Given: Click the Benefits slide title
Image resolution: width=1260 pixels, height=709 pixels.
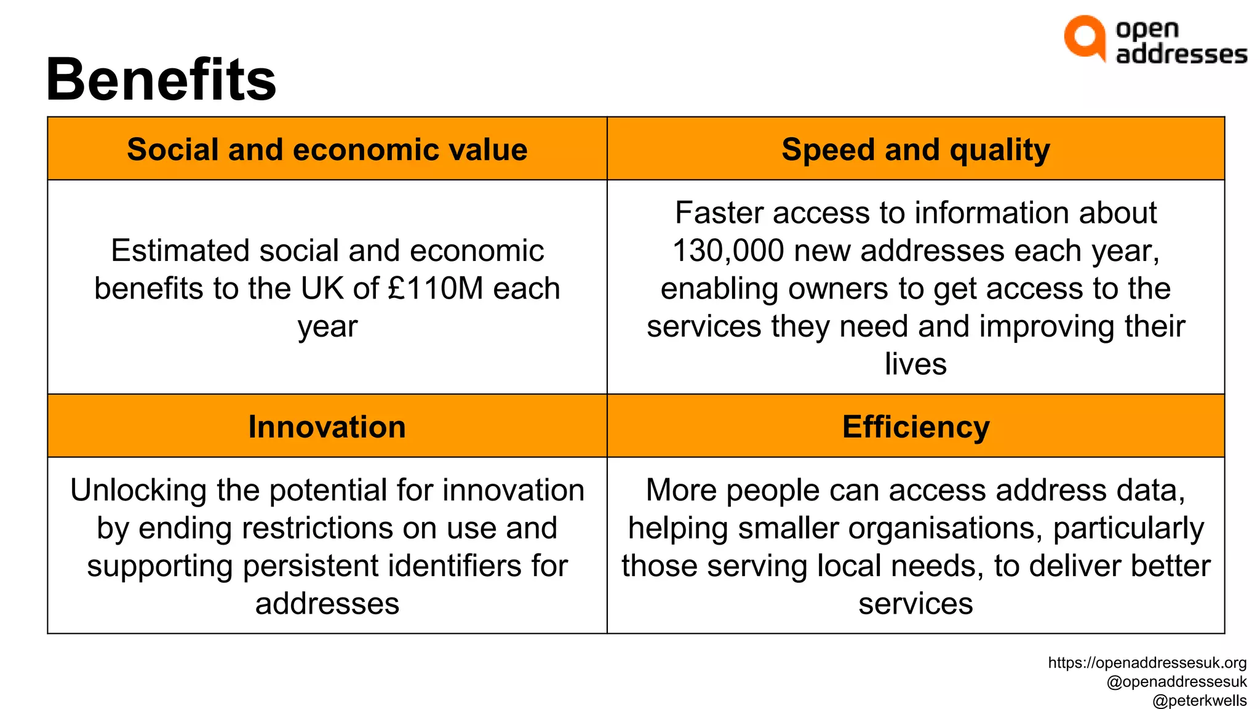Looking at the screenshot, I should coord(161,80).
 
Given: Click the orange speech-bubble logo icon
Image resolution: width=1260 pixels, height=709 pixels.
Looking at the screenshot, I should coord(1084,38).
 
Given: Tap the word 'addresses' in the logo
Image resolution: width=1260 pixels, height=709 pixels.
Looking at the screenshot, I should coord(1181,54).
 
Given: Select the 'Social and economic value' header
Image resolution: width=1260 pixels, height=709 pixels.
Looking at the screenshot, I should coord(327,150).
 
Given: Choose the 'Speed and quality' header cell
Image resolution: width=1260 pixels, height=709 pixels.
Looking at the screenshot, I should coord(915,150).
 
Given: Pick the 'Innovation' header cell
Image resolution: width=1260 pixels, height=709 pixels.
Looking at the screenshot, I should coord(327,427).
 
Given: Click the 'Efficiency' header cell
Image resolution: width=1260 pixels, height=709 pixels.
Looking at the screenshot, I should coord(915,427).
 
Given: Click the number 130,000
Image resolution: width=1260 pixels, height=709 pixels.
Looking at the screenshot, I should coord(728,250).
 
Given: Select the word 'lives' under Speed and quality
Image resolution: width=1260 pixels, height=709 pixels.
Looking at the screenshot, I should coord(915,364).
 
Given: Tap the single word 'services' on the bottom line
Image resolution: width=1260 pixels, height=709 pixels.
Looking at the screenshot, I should coord(915,604).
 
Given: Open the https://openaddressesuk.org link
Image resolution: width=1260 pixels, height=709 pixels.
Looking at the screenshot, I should coord(1147,663).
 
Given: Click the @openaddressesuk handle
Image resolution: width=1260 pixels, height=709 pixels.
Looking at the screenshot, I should coord(1176,682).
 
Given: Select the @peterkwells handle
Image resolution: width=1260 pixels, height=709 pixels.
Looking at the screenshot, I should coord(1199,700).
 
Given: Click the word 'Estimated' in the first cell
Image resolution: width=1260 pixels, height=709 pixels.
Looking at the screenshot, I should coord(180,250).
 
